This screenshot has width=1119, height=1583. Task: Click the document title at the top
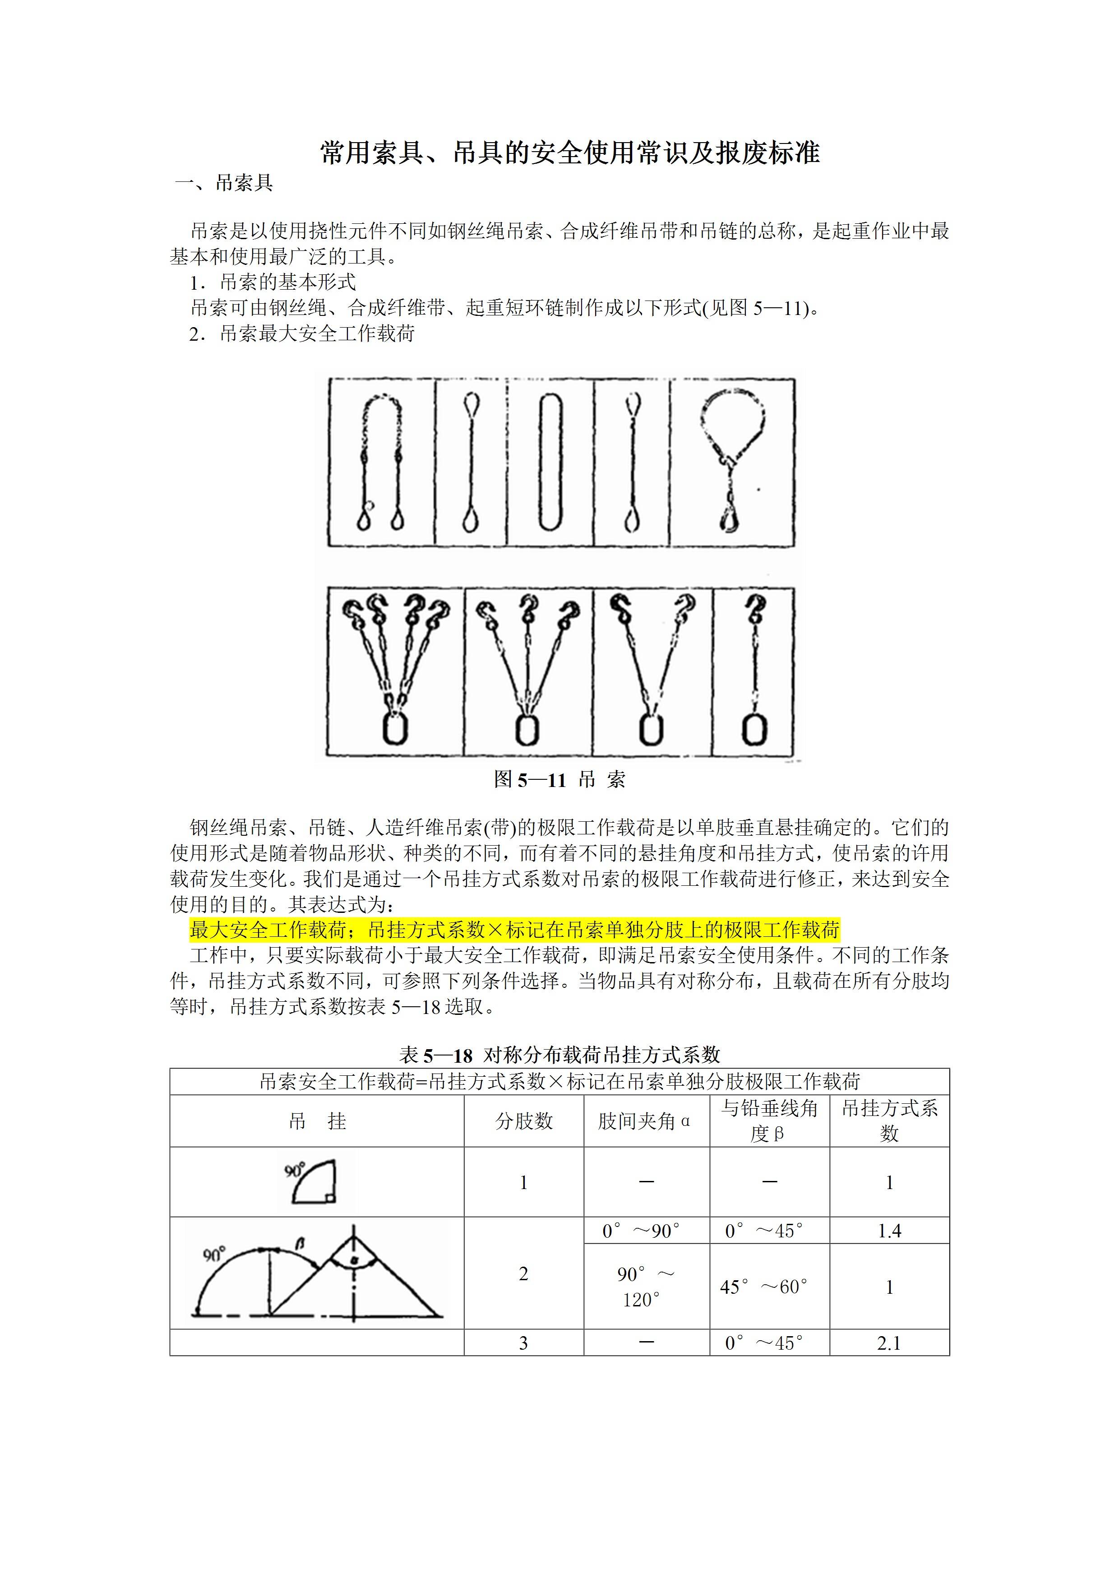click(569, 153)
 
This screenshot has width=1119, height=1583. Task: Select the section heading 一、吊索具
click(224, 183)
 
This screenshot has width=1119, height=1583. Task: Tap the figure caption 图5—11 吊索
click(559, 780)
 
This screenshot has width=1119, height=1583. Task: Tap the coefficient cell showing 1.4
click(889, 1231)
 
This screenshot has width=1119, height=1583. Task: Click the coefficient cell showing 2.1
click(889, 1343)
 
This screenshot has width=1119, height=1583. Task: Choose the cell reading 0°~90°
click(641, 1231)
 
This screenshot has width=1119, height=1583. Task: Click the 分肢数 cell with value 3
click(523, 1343)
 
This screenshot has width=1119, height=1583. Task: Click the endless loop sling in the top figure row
click(550, 462)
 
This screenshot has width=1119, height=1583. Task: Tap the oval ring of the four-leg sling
click(395, 729)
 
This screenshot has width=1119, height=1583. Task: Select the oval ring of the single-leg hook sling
click(754, 729)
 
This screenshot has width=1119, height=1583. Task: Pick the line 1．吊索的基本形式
click(273, 282)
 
